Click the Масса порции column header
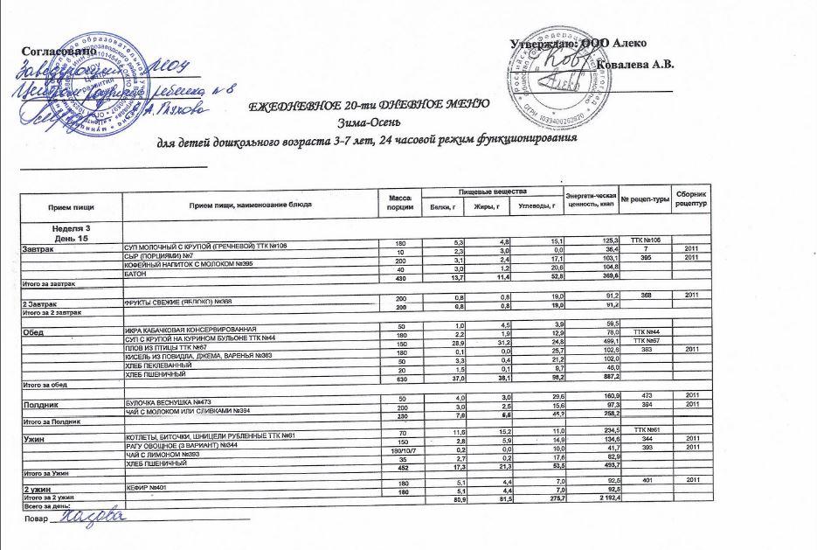398,204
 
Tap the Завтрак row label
42,249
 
